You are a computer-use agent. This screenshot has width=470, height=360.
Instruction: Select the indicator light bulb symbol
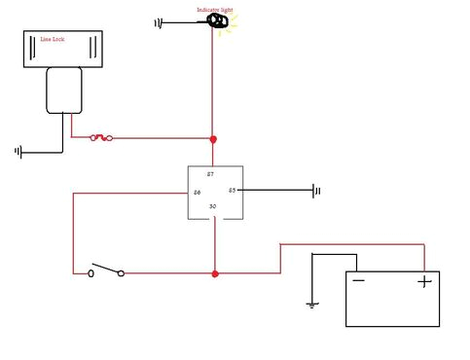point(213,20)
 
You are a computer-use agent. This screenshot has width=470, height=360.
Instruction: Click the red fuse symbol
point(100,138)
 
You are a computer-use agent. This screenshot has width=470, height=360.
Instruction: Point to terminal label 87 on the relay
point(210,173)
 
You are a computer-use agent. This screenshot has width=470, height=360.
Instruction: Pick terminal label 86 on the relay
point(197,193)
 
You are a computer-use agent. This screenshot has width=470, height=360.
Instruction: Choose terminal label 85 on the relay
point(232,190)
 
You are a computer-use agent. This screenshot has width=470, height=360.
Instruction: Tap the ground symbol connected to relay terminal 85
point(316,191)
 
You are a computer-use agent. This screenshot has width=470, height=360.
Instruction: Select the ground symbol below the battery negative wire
point(311,305)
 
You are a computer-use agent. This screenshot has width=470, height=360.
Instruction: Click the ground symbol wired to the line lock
point(18,152)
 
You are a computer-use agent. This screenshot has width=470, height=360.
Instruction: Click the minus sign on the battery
point(359,282)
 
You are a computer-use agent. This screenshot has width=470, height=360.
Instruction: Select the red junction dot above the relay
point(213,138)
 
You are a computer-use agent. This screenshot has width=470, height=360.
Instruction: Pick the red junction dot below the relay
point(214,274)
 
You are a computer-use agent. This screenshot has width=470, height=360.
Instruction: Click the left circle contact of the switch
point(91,273)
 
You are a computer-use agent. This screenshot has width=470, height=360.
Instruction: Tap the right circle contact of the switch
point(122,273)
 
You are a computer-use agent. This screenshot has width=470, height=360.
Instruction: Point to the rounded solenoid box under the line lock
point(65,90)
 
